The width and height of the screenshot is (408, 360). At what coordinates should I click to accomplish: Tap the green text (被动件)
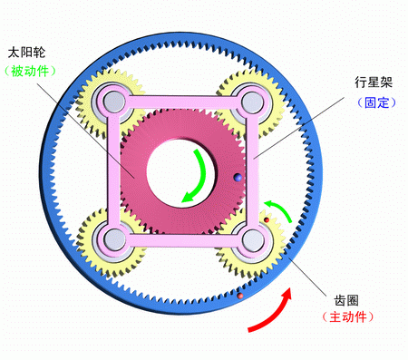tap(30, 71)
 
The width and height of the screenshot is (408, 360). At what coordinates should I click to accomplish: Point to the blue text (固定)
tap(371, 103)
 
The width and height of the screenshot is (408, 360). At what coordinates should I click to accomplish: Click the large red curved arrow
tap(272, 310)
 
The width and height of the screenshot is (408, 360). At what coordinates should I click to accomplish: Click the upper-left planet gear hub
tap(111, 98)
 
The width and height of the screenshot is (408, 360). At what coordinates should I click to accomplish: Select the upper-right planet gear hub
tap(250, 98)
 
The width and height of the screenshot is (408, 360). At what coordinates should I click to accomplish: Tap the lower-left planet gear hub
tap(112, 238)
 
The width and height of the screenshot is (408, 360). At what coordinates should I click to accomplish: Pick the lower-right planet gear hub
tap(251, 239)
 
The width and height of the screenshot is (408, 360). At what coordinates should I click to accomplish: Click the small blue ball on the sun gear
tap(237, 178)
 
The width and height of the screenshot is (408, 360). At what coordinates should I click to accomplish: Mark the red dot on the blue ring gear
tap(239, 297)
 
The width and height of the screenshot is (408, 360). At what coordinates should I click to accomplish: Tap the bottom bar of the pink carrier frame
tap(181, 240)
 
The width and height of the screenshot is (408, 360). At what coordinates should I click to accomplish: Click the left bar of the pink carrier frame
tap(112, 169)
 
